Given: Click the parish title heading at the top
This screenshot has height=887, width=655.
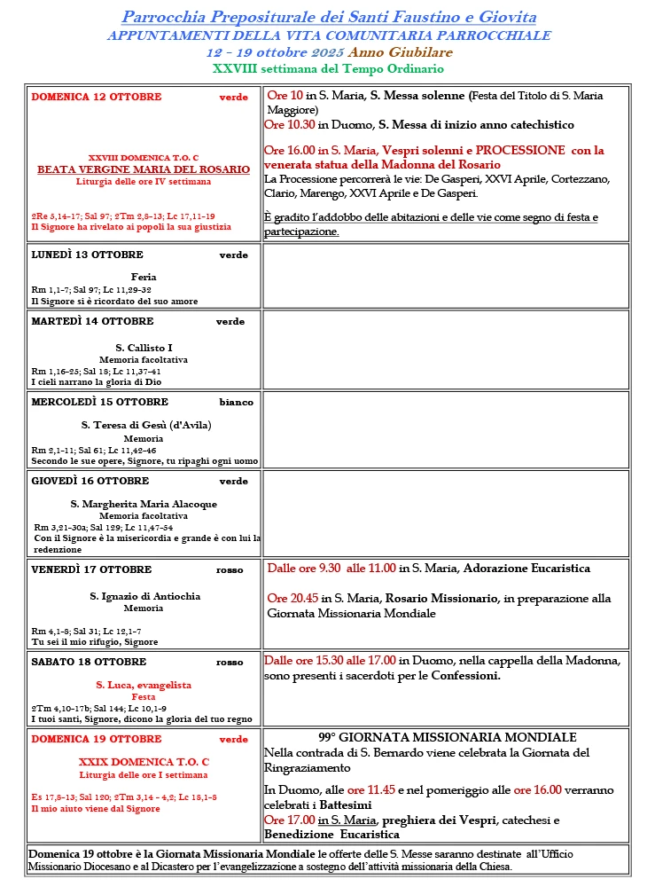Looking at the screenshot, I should pos(328,17).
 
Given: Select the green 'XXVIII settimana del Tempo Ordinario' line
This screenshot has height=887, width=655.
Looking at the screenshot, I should pos(328,68).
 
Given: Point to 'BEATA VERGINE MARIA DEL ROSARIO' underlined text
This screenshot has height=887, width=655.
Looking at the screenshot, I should pos(144,169).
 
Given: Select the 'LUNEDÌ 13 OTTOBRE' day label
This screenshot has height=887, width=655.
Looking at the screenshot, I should pos(87,255).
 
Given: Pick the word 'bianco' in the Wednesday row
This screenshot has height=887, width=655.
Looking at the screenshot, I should pos(237,402).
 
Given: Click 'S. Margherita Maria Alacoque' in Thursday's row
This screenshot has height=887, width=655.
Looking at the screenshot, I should pos(144,504).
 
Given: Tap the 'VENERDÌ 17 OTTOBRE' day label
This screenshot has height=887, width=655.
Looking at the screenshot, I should pos(91,569).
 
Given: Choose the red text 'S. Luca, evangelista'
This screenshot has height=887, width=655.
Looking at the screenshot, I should pos(144,685).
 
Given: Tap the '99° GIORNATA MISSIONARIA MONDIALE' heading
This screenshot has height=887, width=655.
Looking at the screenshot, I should pos(447,738).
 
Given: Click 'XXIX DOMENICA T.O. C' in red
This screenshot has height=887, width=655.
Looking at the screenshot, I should pos(144,761).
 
